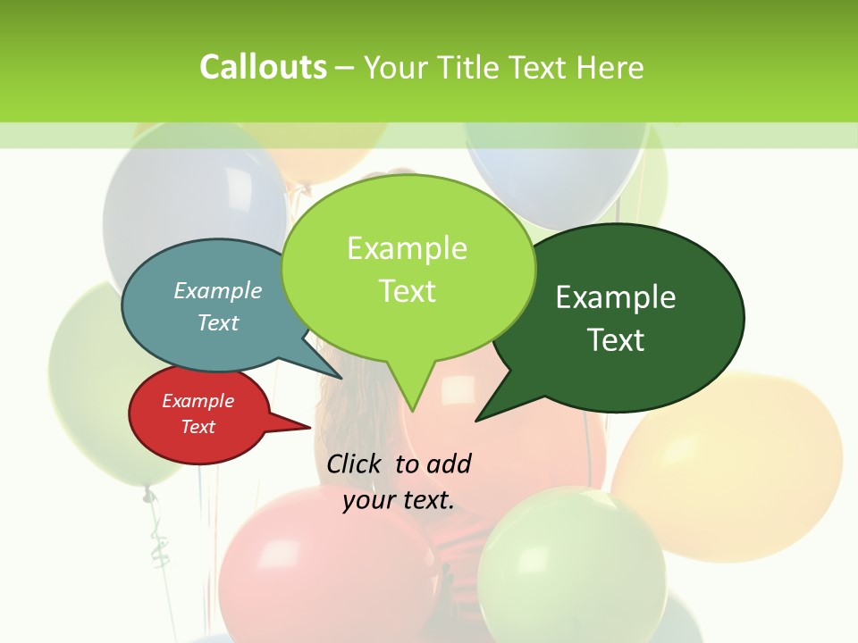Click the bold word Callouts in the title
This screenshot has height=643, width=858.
click(263, 67)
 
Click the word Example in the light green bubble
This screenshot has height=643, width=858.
click(407, 247)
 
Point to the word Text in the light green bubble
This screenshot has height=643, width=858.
click(407, 290)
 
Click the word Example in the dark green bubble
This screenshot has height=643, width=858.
click(616, 296)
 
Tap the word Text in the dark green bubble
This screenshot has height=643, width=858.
click(616, 339)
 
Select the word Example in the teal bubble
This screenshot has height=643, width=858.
click(218, 290)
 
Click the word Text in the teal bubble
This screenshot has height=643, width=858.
click(218, 322)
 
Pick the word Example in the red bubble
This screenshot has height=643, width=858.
click(198, 401)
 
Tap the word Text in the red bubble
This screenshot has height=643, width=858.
click(198, 427)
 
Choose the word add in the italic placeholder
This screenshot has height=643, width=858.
click(450, 463)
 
